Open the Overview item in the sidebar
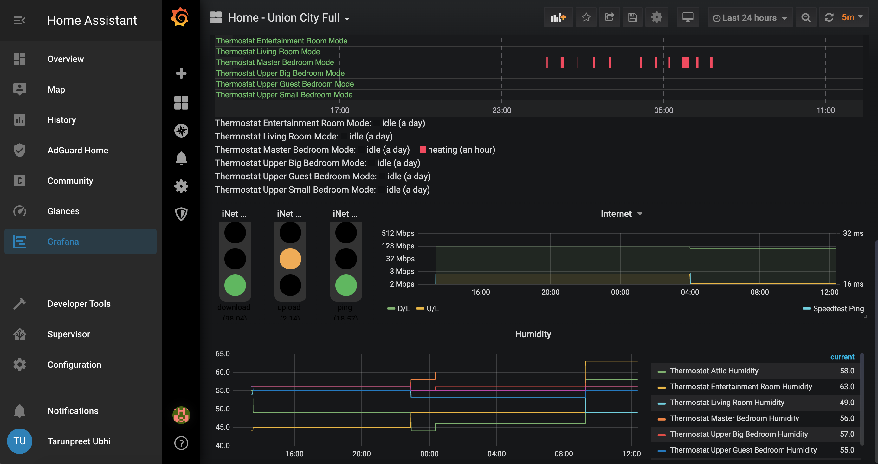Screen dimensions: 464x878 65,59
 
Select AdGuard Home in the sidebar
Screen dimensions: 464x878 78,150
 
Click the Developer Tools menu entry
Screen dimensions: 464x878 79,304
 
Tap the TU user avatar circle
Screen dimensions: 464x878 19,441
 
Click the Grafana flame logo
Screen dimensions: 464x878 180,17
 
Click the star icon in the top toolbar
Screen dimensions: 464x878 586,17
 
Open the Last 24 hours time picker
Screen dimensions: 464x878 750,18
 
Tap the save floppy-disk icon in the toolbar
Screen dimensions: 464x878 632,17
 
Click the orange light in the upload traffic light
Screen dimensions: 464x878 290,259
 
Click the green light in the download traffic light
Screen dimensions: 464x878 235,285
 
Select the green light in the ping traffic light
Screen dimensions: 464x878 345,285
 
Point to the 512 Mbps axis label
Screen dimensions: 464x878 398,233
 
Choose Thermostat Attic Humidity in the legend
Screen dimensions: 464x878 714,371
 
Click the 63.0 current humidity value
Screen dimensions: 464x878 847,387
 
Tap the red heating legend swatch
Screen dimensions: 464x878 423,150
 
